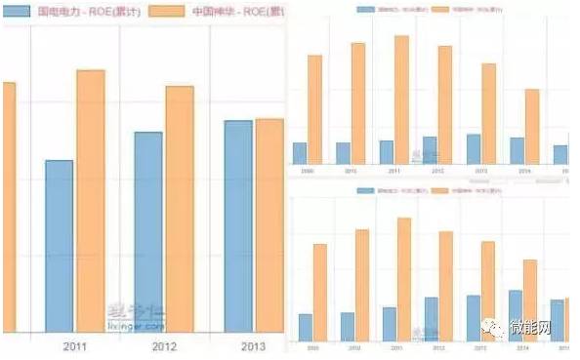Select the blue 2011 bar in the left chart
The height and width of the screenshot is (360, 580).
59,246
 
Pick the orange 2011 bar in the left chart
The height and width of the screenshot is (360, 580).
91,200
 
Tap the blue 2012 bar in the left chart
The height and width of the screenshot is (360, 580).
147,232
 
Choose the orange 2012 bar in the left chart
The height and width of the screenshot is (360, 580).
180,209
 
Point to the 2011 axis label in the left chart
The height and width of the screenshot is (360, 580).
75,346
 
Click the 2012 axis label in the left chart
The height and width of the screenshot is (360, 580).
164,346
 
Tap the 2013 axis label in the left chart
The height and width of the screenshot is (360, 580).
252,346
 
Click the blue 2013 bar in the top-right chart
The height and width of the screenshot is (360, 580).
474,149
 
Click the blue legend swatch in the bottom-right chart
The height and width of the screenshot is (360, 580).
366,191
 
